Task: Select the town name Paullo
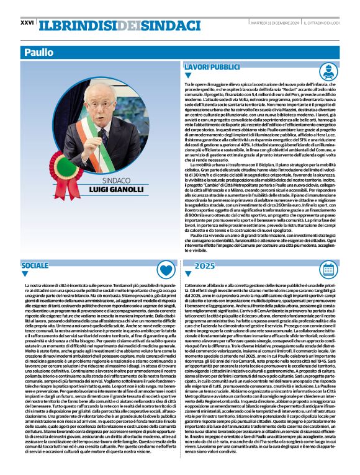pyautogui.click(x=39, y=53)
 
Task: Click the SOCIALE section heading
pyautogui.click(x=34, y=265)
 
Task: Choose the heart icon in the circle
pyautogui.click(x=164, y=270)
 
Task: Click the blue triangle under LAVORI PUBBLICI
pyautogui.click(x=189, y=76)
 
